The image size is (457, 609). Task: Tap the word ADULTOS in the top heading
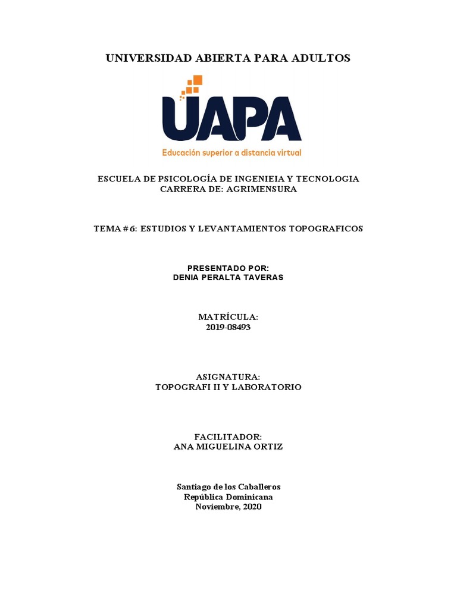[322, 58]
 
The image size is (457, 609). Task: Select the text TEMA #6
[114, 228]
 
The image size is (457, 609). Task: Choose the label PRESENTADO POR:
[228, 268]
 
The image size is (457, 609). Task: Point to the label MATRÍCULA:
[228, 318]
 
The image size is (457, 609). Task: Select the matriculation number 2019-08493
[228, 328]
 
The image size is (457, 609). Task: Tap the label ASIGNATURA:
[228, 377]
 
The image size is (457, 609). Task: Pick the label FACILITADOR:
[228, 437]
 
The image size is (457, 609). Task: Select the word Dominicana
[248, 497]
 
